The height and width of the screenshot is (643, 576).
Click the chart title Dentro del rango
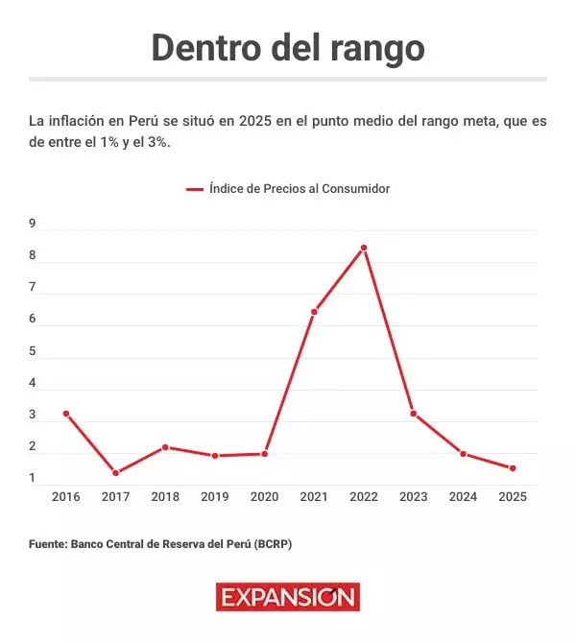point(288,47)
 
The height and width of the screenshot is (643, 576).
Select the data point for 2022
point(364,248)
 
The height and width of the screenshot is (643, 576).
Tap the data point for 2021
point(314,312)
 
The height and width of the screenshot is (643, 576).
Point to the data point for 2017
point(115,473)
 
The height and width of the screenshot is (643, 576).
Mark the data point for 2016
point(66,414)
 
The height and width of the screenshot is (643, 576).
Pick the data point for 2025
point(513,468)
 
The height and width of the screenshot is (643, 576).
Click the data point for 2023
point(413,414)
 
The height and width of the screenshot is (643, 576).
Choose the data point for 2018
point(165,447)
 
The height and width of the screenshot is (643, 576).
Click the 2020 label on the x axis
point(264,497)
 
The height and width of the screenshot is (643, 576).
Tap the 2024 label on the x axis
point(463,497)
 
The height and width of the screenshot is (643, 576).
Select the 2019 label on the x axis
point(215,497)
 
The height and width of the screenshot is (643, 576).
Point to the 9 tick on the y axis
point(33,224)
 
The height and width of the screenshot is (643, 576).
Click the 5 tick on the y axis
point(33,351)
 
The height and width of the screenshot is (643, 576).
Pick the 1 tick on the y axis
point(33,478)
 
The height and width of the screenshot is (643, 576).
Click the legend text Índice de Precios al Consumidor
point(299,189)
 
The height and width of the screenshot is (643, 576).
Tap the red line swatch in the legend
point(195,190)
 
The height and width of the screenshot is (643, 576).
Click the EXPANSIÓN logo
point(288,598)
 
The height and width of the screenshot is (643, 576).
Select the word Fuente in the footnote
point(47,544)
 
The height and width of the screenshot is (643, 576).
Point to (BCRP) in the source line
point(273,544)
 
